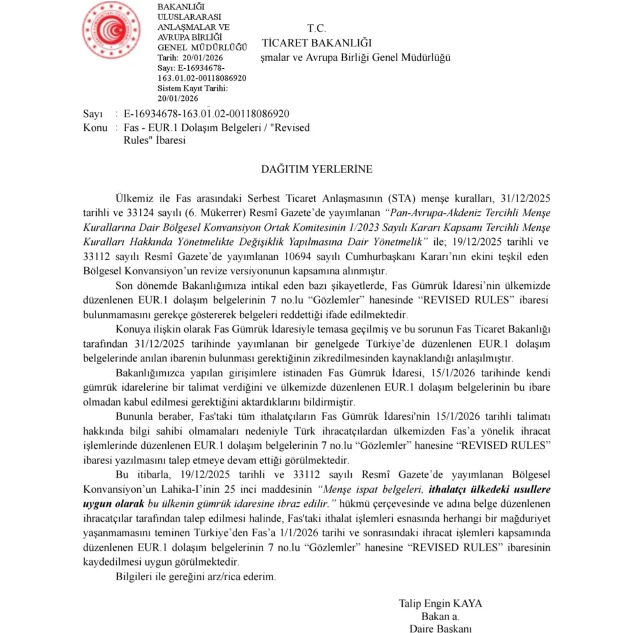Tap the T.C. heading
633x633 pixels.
click(x=316, y=29)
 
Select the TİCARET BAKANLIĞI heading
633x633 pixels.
click(x=316, y=43)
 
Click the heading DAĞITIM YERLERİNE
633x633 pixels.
click(x=316, y=169)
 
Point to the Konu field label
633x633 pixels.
click(x=95, y=127)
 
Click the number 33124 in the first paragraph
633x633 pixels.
click(x=140, y=213)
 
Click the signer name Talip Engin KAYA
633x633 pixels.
click(x=440, y=604)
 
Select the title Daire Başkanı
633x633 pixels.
click(x=440, y=628)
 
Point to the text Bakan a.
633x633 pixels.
click(x=440, y=616)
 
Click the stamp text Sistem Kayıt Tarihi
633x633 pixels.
click(x=193, y=88)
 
